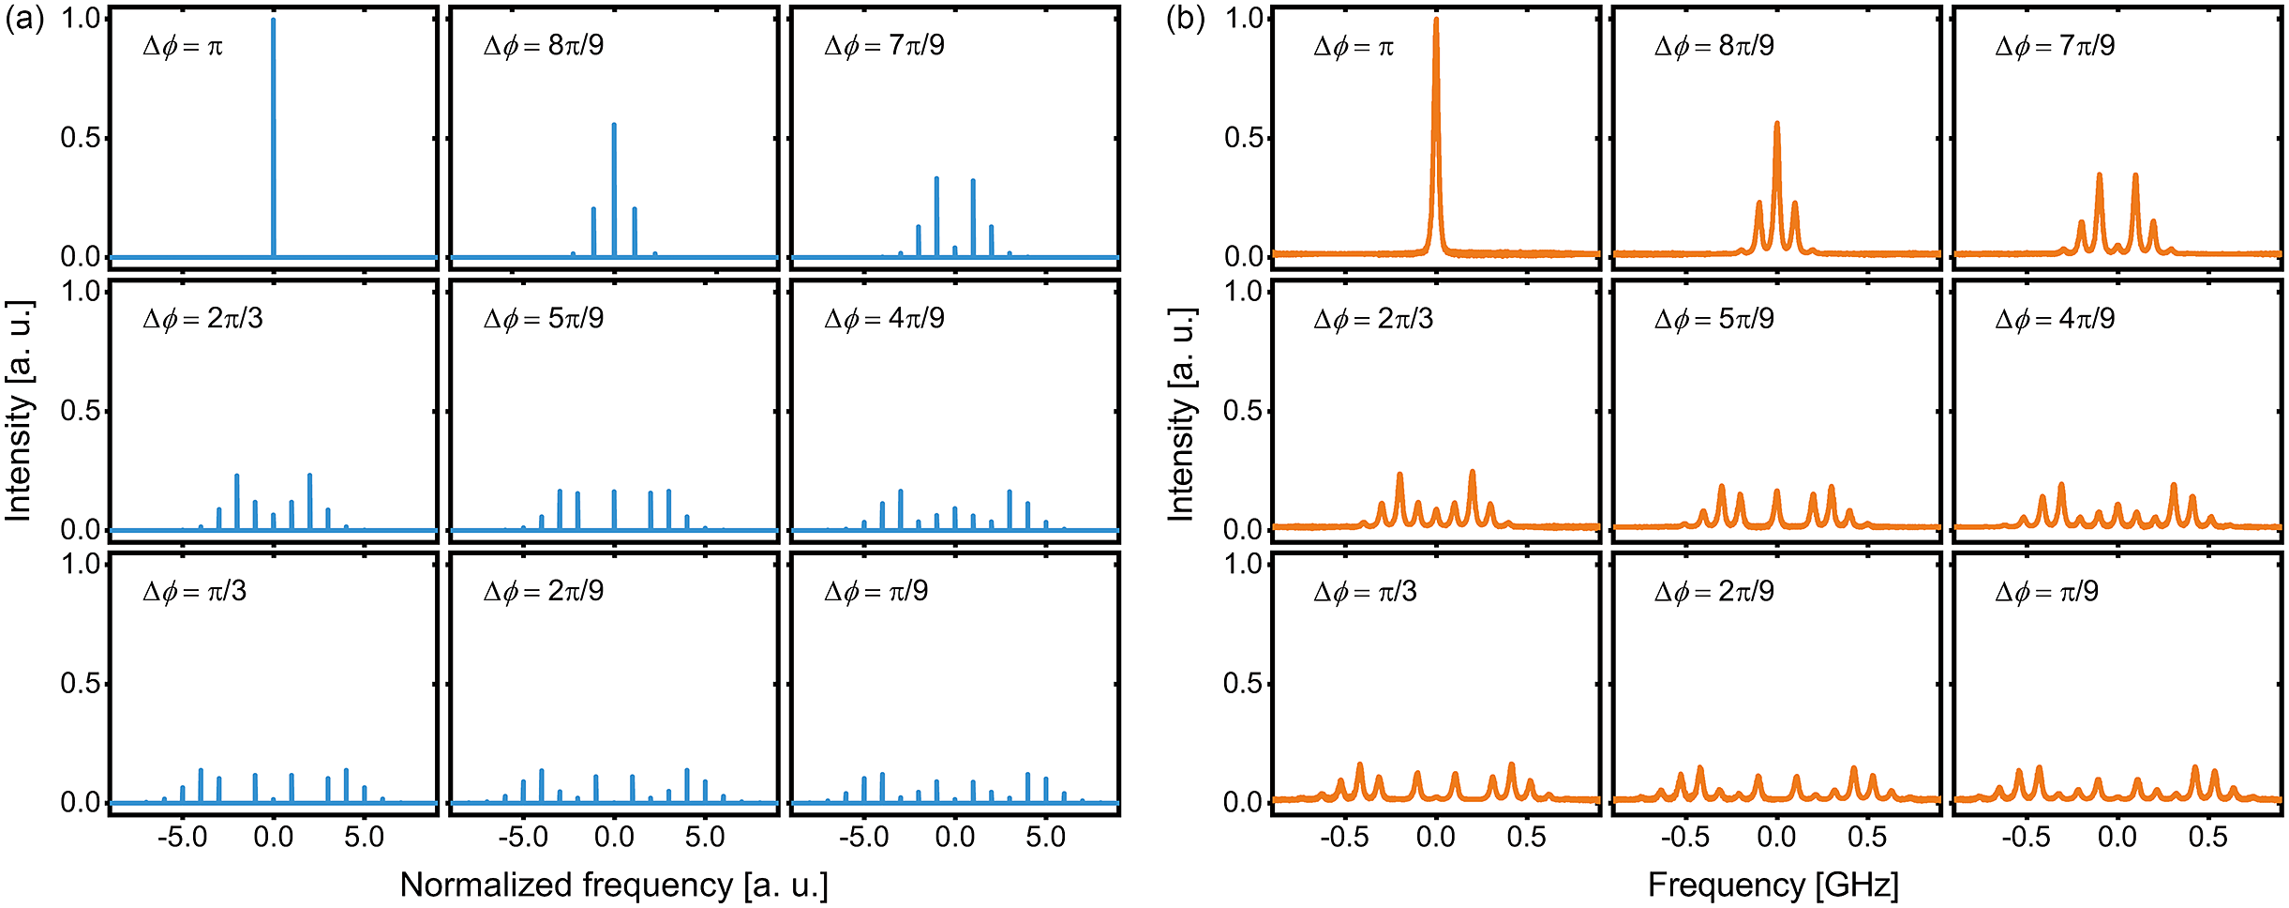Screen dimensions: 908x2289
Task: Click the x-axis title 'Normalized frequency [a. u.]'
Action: click(614, 885)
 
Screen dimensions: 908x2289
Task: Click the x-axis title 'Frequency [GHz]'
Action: click(1773, 885)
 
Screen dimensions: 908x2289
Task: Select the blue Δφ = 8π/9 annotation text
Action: click(544, 46)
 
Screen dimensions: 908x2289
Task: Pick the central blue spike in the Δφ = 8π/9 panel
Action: click(614, 188)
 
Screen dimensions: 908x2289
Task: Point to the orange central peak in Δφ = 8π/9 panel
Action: click(1776, 188)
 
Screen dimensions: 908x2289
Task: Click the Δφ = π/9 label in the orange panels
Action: click(2046, 592)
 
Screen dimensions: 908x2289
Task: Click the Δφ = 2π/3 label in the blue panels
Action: click(202, 319)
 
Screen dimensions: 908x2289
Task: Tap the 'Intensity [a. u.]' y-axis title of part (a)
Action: click(19, 411)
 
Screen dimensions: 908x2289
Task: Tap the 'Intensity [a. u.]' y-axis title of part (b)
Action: click(1181, 411)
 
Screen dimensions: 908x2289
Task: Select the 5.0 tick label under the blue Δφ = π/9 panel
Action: click(1045, 838)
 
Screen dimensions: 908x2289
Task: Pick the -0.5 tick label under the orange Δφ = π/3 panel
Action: click(1344, 838)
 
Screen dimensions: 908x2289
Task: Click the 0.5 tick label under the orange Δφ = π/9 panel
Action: click(2207, 838)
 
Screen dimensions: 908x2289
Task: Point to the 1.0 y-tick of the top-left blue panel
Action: click(81, 19)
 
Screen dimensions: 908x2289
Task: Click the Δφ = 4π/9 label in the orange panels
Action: click(2055, 319)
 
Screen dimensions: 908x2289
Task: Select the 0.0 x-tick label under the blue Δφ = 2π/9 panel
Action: click(614, 838)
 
